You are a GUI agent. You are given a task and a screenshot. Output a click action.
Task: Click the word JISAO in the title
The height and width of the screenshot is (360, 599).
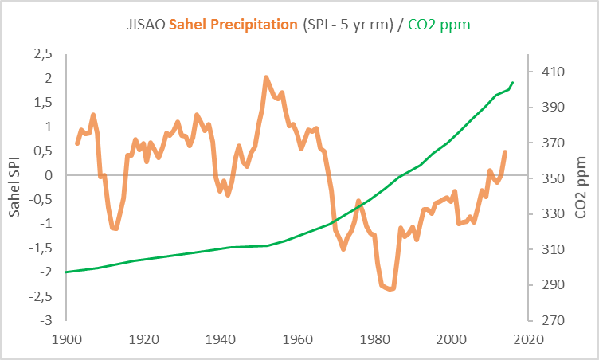pos(146,25)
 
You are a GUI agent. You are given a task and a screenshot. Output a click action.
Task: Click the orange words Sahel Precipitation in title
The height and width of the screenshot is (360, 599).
pos(234,25)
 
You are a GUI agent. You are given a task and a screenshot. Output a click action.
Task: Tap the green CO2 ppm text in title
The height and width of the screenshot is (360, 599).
pos(439,25)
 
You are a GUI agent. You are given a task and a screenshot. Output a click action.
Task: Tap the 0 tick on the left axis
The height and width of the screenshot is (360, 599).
pos(49,174)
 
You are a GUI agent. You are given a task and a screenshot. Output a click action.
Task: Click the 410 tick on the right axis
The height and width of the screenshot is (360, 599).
pos(551,72)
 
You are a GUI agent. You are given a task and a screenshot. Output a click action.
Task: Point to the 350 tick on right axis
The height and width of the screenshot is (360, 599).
pos(551,178)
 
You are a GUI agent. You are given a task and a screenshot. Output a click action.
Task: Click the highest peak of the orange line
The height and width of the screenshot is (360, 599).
pos(266,77)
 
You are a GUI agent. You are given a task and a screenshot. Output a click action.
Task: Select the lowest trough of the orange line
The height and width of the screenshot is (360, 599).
pos(390,289)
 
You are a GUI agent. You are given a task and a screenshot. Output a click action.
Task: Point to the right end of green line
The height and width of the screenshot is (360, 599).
pos(513,82)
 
